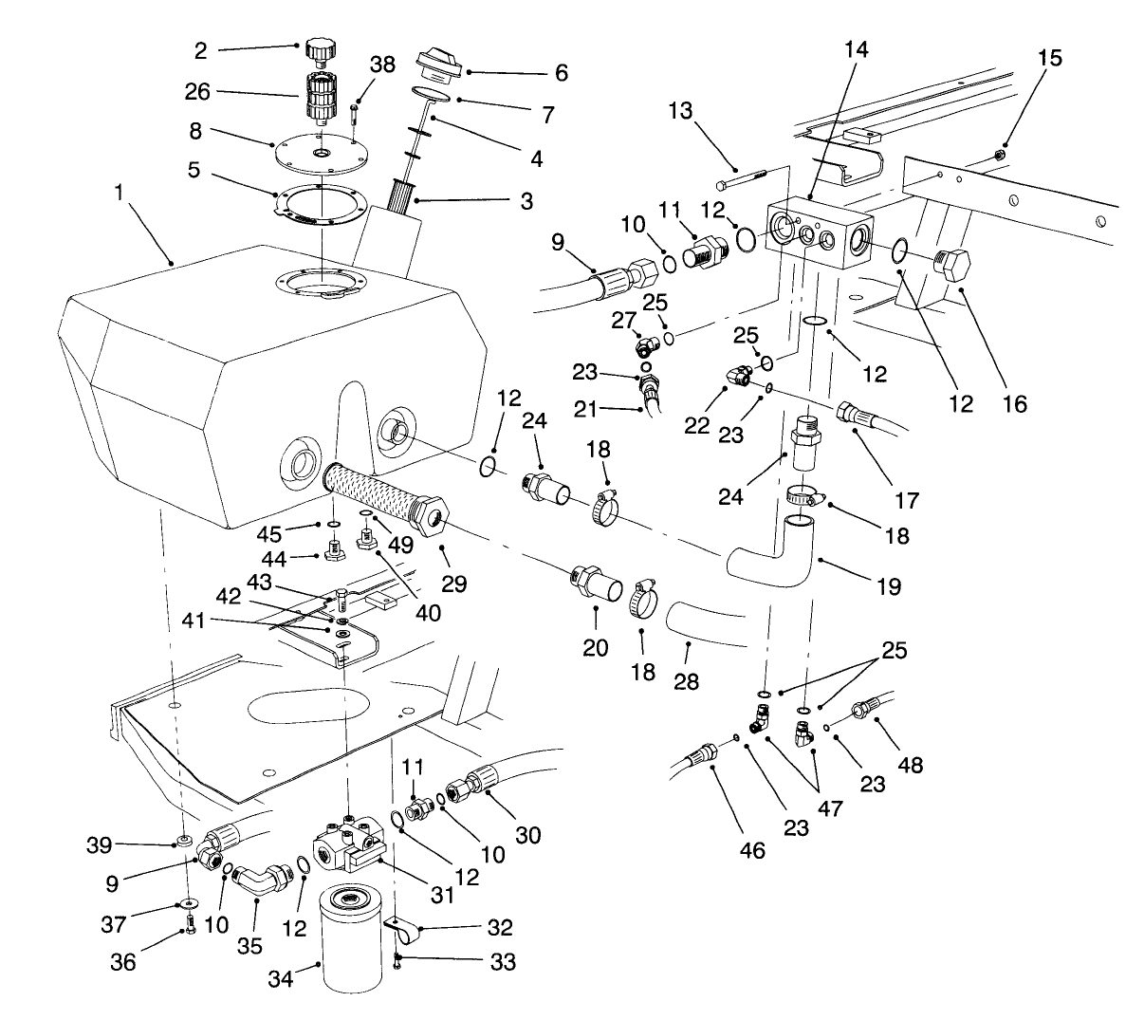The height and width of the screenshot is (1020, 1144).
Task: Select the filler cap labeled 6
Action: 438,66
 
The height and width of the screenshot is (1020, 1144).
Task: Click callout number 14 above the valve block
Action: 857,49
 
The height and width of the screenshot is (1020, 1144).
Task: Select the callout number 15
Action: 1050,58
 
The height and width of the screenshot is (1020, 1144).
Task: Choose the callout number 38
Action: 382,65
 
